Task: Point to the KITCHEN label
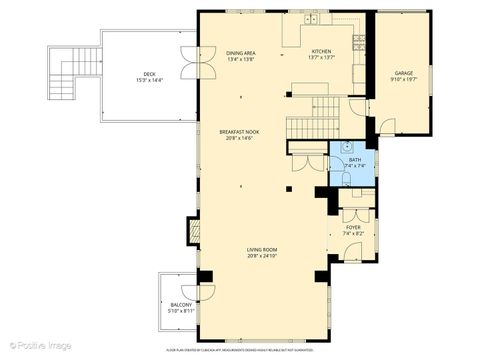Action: click(321, 52)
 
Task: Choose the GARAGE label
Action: click(403, 73)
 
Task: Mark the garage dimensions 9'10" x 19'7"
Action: click(403, 80)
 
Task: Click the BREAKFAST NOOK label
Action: click(240, 130)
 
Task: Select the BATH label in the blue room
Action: click(354, 159)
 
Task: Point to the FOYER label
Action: click(353, 227)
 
